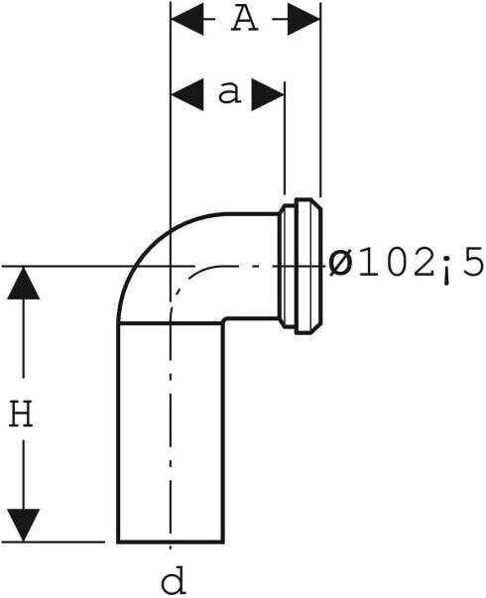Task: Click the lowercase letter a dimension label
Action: [x=230, y=92]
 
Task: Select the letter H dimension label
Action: [x=22, y=413]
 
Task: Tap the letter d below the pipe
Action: [x=174, y=579]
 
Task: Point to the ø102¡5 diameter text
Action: [x=407, y=264]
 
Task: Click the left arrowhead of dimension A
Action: [x=186, y=19]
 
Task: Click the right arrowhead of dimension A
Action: [x=304, y=19]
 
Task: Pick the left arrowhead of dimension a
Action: [x=186, y=94]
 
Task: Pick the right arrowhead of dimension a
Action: [x=268, y=94]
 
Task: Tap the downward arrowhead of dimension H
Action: [x=24, y=526]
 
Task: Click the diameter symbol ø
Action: [x=340, y=264]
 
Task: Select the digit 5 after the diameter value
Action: [x=473, y=262]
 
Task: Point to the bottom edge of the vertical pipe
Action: [x=171, y=540]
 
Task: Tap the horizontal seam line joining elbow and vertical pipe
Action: [x=171, y=323]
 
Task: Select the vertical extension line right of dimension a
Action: [x=285, y=138]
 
